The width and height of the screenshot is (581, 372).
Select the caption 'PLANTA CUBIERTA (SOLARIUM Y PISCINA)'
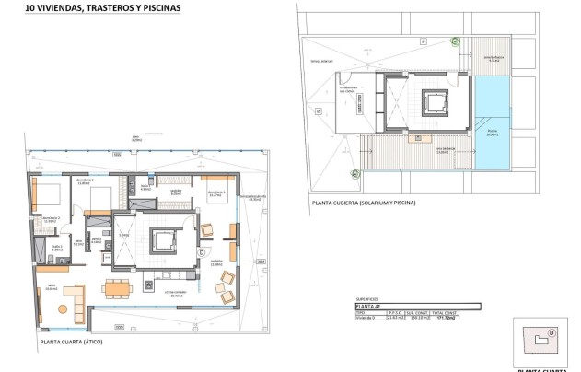pos(365,203)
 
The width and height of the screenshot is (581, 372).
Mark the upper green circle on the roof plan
pos(454,40)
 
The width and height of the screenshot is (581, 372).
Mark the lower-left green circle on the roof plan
pos(354,172)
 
